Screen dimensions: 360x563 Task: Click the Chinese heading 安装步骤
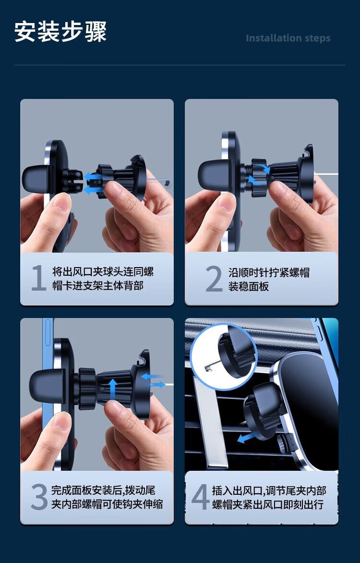(60, 32)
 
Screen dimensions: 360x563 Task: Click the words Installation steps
(288, 38)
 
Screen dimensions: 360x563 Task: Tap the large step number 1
(38, 278)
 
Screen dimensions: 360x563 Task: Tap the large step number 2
(214, 279)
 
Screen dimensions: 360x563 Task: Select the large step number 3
(39, 497)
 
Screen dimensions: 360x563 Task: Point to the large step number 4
(200, 497)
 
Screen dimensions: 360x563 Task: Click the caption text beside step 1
(103, 279)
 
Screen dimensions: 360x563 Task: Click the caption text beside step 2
(269, 280)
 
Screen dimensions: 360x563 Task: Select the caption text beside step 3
(107, 497)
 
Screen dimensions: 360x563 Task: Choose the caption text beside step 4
(269, 497)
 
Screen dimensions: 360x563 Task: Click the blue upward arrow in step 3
(113, 389)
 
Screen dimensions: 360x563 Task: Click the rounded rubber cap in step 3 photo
(43, 386)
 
